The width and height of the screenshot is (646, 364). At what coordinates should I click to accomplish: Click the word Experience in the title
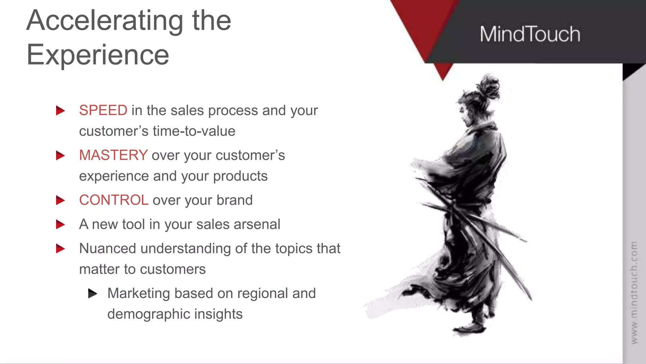[98, 55]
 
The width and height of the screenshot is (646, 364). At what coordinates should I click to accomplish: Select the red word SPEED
[103, 110]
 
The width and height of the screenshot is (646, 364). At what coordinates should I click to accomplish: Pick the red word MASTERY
[113, 155]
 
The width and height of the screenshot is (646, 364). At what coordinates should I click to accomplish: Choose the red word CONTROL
[114, 200]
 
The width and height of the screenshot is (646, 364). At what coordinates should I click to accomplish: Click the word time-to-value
[194, 131]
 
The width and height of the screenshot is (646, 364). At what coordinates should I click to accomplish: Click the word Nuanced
[108, 248]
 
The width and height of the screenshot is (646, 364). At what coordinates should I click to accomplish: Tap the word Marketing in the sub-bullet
[139, 293]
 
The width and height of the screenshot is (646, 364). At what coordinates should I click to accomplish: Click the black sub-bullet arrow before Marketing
[92, 293]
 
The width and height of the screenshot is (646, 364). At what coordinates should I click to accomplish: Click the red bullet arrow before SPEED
[60, 111]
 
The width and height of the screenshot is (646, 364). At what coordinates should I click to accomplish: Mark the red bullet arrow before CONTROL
[60, 200]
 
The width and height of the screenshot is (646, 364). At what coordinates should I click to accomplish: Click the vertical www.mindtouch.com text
[634, 292]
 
